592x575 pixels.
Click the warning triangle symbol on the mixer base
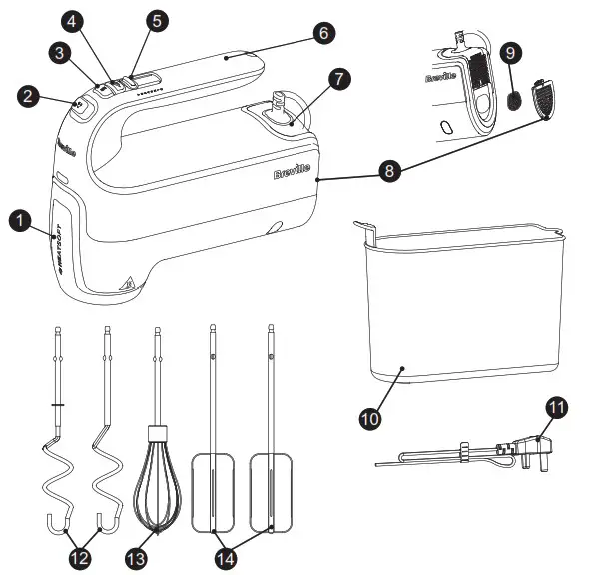click(127, 284)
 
